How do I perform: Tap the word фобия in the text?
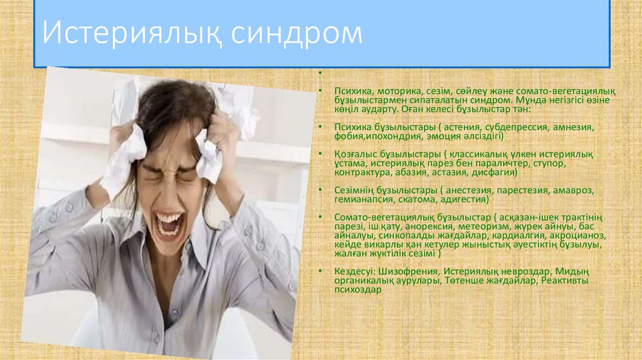(x=347, y=135)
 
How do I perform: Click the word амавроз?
(x=573, y=190)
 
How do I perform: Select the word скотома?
(x=418, y=199)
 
